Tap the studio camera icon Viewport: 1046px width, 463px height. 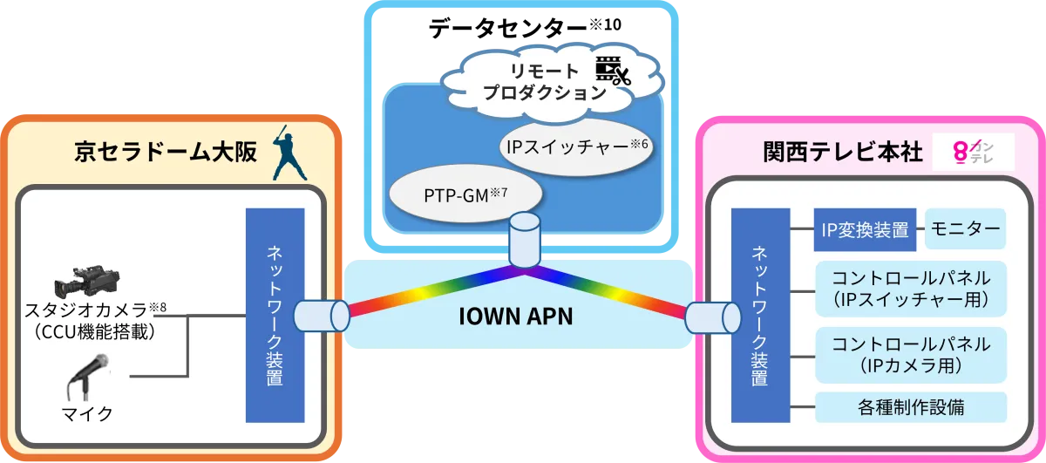coord(84,281)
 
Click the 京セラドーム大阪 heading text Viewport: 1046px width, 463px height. coord(166,153)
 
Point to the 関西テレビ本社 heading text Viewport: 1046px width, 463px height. coord(842,153)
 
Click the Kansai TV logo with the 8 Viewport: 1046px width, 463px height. coord(973,153)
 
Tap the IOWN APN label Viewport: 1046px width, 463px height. coord(516,316)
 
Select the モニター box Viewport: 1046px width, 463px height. coord(965,229)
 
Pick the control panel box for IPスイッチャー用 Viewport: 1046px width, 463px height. coord(910,289)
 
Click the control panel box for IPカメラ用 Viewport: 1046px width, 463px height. coord(910,354)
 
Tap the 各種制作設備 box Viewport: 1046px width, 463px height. coord(910,406)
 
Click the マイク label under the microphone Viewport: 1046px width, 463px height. coord(87,413)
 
